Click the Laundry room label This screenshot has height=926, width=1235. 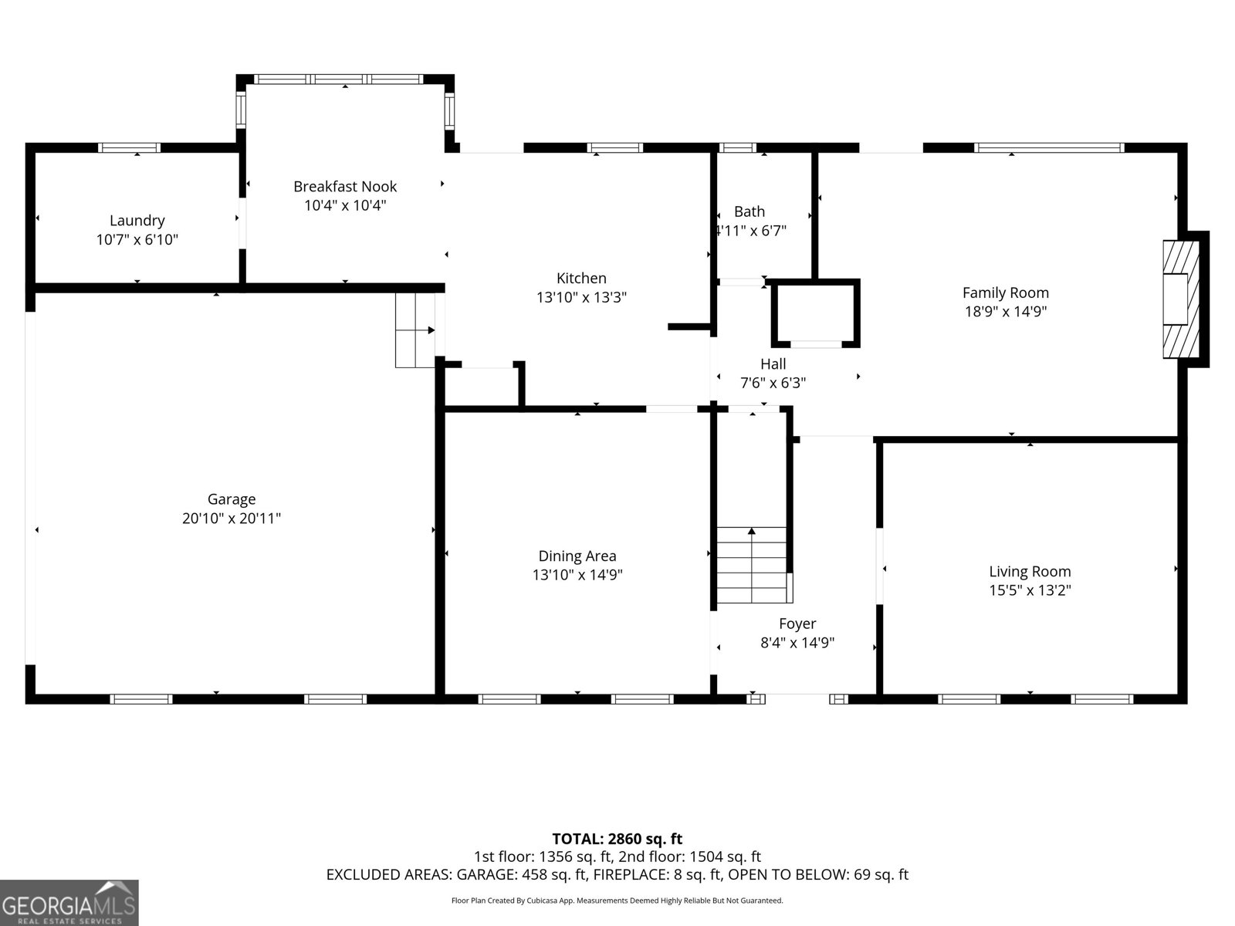tap(137, 221)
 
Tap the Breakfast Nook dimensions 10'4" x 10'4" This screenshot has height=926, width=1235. tap(345, 205)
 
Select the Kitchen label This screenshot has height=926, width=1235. tap(581, 278)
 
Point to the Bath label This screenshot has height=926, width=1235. tap(749, 211)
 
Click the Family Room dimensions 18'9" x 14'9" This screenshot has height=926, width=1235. tap(1006, 312)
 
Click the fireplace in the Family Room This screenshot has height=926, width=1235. tap(1181, 299)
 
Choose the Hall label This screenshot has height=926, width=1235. tap(773, 363)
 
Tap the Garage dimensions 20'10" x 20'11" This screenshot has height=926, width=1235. tap(232, 519)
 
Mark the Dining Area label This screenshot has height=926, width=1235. tap(577, 556)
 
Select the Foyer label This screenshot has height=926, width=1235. tap(797, 624)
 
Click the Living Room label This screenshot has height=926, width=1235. tap(1030, 571)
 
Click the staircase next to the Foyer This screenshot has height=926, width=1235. tap(752, 565)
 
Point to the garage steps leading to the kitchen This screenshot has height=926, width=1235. tap(415, 330)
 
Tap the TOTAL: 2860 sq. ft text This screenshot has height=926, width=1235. tap(617, 839)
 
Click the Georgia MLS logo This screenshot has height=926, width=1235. tap(69, 902)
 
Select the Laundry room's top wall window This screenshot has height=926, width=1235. tap(130, 148)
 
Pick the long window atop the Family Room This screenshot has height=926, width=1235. tap(1049, 148)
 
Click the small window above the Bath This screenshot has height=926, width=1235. tap(738, 148)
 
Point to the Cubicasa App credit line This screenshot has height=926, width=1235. tap(617, 901)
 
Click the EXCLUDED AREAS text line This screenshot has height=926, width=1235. tap(617, 874)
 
